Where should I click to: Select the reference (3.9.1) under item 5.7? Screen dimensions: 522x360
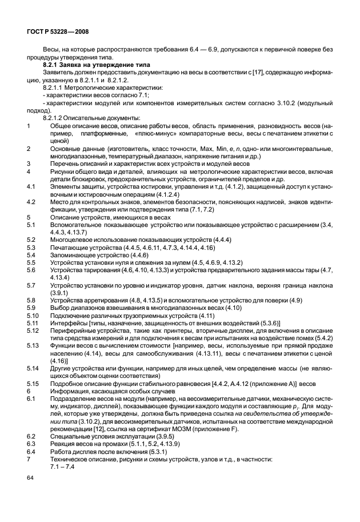[59, 292]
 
